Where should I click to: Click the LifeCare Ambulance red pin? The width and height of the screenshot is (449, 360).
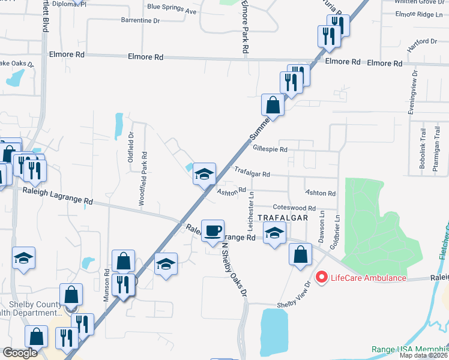click(x=321, y=277)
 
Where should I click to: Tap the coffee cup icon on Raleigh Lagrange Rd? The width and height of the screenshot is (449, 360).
click(x=212, y=231)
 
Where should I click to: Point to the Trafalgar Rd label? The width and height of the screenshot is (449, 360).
click(x=252, y=172)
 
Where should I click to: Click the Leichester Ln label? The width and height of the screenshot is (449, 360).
click(x=251, y=207)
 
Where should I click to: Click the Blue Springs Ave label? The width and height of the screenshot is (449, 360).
click(x=172, y=11)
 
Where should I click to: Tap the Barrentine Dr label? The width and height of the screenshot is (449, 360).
click(x=140, y=20)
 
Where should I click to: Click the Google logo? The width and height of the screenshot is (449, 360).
click(x=20, y=353)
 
